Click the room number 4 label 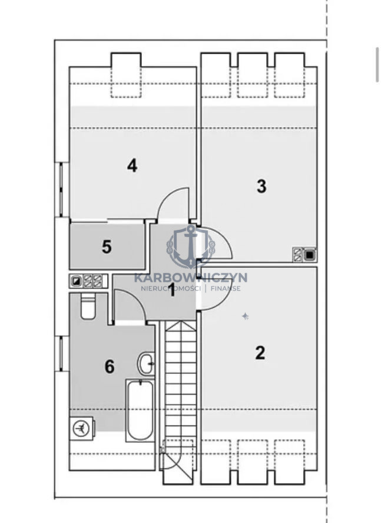pyautogui.click(x=132, y=166)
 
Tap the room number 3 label pyautogui.click(x=261, y=186)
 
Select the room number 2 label pyautogui.click(x=260, y=353)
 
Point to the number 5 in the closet pyautogui.click(x=107, y=247)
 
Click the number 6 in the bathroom pyautogui.click(x=110, y=367)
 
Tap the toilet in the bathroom pyautogui.click(x=88, y=307)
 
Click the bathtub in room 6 pyautogui.click(x=140, y=410)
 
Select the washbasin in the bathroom pyautogui.click(x=146, y=363)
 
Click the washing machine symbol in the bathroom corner pyautogui.click(x=82, y=428)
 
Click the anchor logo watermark pyautogui.click(x=191, y=246)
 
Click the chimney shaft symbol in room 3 pyautogui.click(x=304, y=255)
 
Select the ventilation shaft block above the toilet pyautogui.click(x=88, y=281)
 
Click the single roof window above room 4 pyautogui.click(x=126, y=75)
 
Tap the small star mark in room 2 pyautogui.click(x=246, y=316)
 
